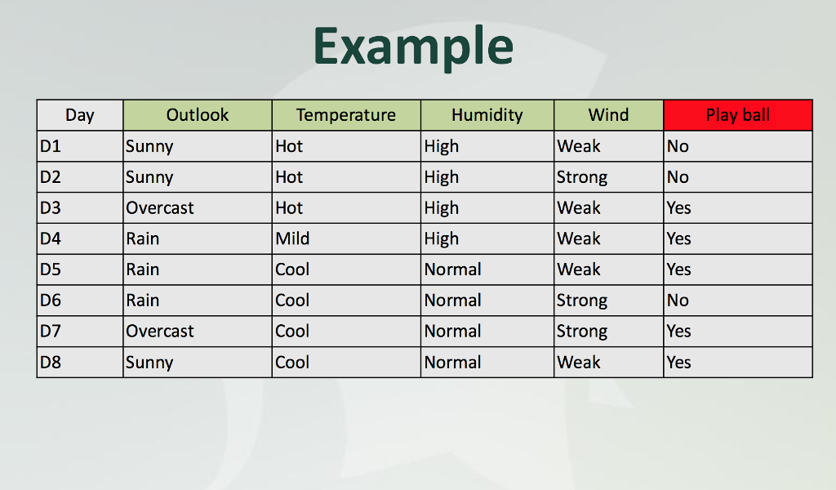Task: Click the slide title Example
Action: [413, 47]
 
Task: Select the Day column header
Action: [80, 115]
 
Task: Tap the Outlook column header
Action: [198, 114]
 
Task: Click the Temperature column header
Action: [346, 115]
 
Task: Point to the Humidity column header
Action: [487, 115]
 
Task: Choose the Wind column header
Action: [608, 114]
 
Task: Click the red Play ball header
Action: [738, 115]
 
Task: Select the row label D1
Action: [51, 146]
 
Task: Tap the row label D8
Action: [51, 362]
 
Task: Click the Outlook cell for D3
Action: [160, 208]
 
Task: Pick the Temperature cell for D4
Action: [292, 238]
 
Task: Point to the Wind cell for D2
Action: [582, 177]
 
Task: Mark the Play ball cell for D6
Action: [678, 301]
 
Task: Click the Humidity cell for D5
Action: [452, 269]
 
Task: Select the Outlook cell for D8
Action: [149, 363]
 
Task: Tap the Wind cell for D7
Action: [582, 332]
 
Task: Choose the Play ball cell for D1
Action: [678, 146]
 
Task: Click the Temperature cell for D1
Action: [289, 146]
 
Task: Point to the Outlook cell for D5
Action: [142, 269]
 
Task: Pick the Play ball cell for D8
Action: [678, 362]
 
